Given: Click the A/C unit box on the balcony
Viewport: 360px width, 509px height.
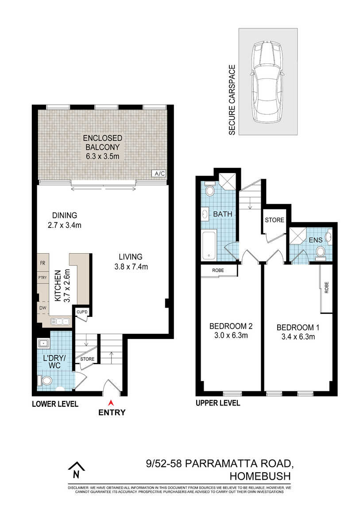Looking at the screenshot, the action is (159, 174).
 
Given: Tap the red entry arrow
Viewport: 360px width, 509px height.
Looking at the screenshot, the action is (111, 403).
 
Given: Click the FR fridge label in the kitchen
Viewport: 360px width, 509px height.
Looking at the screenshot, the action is (43, 263).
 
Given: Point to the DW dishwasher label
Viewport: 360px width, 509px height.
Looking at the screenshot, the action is (43, 308).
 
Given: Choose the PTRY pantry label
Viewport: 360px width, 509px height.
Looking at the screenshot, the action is (43, 278).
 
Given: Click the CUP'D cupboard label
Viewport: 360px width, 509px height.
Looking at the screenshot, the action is (82, 312).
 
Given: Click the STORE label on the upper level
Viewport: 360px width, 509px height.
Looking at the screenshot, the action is (274, 220).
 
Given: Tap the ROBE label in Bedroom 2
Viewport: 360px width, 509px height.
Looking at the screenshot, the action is (218, 270).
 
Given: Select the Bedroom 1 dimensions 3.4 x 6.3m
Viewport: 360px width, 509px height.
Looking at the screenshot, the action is (298, 337).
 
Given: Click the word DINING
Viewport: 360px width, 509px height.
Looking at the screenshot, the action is (65, 215).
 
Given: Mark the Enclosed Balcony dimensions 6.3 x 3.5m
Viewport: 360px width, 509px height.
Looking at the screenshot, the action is (103, 156).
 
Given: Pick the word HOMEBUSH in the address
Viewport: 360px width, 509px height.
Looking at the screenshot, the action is (260, 476).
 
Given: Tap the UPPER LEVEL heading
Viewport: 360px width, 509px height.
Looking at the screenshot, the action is (218, 403).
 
